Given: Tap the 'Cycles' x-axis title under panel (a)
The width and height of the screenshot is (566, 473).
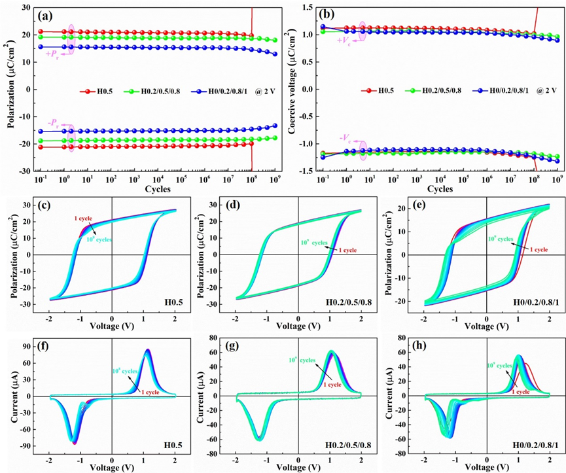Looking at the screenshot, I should pyautogui.click(x=159, y=188).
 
